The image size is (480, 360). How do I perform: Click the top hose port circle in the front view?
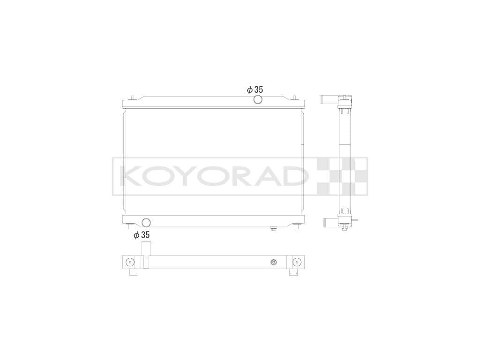(257, 99)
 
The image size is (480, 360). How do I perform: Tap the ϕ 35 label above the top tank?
(255, 90)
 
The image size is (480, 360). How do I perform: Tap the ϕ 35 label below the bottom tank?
(142, 235)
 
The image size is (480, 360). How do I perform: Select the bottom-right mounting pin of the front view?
(296, 228)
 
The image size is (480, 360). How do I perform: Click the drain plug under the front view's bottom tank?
(273, 228)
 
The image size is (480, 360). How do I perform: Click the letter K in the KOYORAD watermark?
(131, 176)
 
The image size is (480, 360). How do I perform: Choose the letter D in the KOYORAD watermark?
(294, 176)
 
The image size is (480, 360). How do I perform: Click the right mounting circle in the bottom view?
(296, 262)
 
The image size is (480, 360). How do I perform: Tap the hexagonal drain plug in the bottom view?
(274, 262)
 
